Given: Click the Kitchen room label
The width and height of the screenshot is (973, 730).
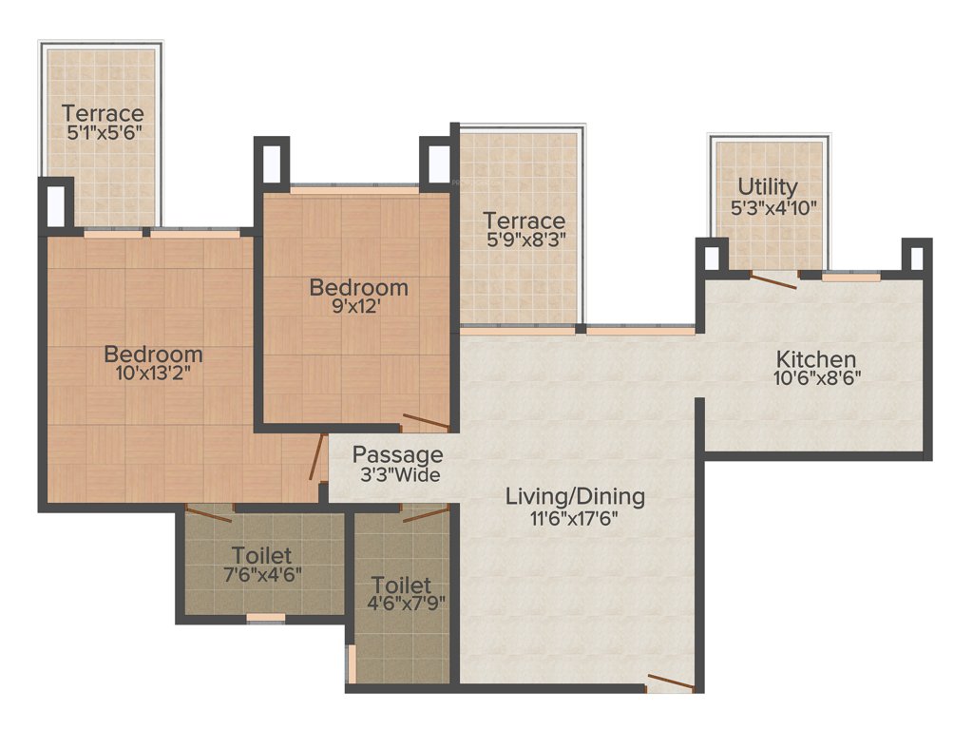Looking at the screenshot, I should tap(815, 359).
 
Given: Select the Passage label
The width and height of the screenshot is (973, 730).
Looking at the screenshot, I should tap(397, 454).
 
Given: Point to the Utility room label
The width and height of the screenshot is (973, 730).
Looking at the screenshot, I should tap(768, 186).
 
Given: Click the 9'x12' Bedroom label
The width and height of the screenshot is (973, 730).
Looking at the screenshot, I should tap(358, 287).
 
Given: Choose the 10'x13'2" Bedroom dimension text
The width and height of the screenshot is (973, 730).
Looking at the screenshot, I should tap(153, 375).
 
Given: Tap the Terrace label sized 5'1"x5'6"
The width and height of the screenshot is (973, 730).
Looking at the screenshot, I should tap(103, 113).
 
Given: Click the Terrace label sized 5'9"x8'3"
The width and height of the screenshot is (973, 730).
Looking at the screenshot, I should tap(525, 221).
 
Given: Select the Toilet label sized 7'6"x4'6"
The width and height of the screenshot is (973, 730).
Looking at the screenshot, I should tap(260, 554).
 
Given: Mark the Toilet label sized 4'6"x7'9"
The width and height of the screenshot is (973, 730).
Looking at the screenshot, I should tap(401, 585).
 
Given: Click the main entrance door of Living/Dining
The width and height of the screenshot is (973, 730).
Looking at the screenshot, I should tap(671, 682).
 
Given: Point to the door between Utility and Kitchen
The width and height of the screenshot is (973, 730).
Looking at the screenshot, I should tap(773, 278).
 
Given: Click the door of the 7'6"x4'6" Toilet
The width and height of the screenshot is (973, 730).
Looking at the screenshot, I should tap(209, 514).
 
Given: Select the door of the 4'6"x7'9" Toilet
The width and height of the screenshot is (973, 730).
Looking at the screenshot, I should tap(425, 514).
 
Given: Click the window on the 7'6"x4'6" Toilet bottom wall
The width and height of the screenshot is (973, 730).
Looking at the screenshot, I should tap(265, 619).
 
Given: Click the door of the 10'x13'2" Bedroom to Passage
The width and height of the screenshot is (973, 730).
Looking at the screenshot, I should tap(316, 458).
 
